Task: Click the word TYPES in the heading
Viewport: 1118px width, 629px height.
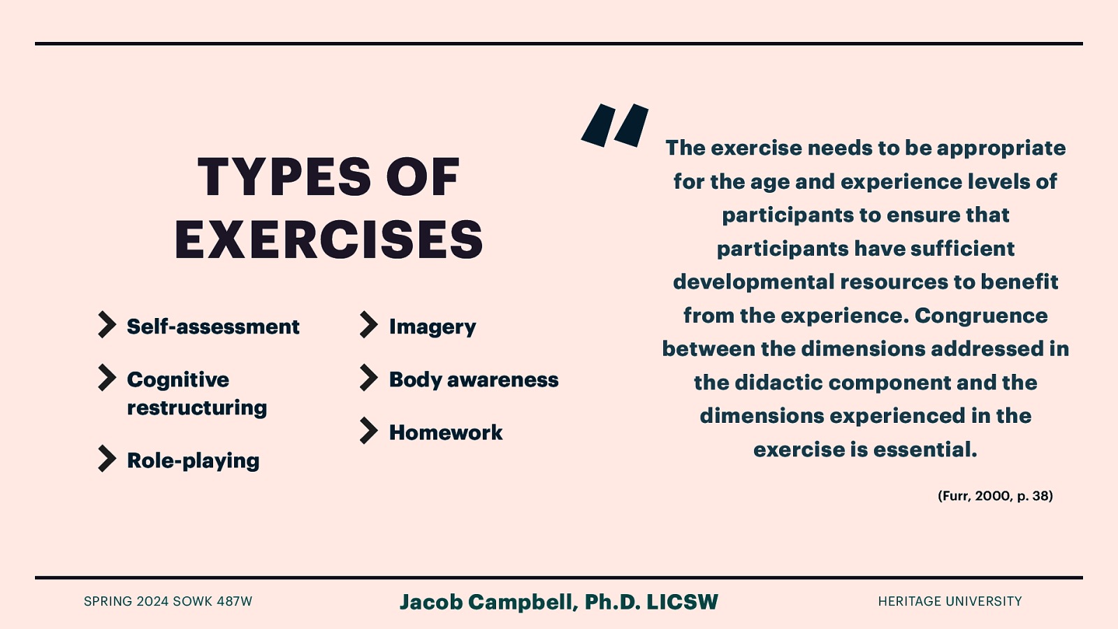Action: point(284,177)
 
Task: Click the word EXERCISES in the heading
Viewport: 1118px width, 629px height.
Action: point(328,240)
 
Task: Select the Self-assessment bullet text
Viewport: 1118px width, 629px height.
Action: point(213,326)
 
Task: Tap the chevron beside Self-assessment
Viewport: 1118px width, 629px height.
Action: point(107,325)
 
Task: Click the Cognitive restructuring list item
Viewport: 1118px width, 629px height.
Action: point(196,393)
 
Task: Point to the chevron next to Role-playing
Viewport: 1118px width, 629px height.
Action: point(107,459)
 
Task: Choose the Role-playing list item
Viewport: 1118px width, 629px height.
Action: point(193,461)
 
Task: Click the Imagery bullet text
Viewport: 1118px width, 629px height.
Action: point(433,327)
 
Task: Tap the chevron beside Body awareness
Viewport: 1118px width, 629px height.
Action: point(368,378)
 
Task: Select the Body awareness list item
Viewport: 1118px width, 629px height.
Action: point(474,379)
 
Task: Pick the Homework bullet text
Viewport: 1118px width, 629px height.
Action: point(446,433)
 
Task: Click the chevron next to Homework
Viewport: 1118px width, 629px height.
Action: point(368,431)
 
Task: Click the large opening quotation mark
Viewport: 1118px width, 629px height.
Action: point(615,126)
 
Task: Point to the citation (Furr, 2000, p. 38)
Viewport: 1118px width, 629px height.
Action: point(995,496)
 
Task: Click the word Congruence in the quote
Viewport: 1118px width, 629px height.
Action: point(981,315)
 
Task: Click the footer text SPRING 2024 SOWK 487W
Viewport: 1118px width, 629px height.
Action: point(168,601)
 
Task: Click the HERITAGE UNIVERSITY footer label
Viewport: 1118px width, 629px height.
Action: point(950,601)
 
